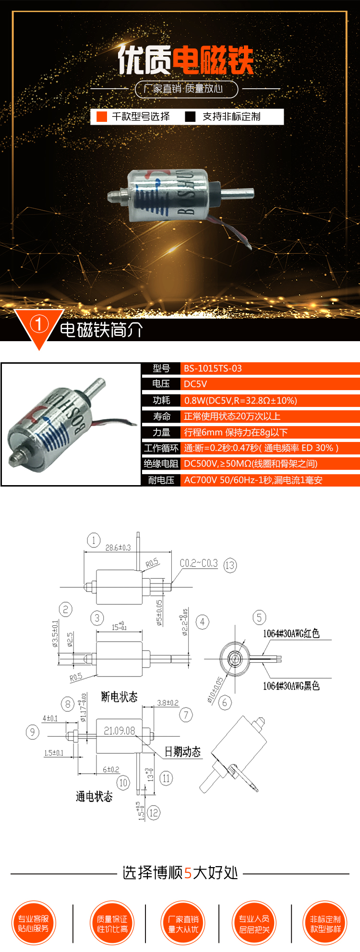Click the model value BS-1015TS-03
pyautogui.click(x=213, y=369)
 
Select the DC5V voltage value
pyautogui.click(x=195, y=384)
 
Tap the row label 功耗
pyautogui.click(x=161, y=400)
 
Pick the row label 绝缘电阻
pyautogui.click(x=161, y=464)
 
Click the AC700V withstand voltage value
pyautogui.click(x=253, y=480)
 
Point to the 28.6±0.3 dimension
pyautogui.click(x=118, y=547)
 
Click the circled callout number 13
pyautogui.click(x=230, y=565)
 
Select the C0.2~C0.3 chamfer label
pyautogui.click(x=198, y=563)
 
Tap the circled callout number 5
pyautogui.click(x=259, y=618)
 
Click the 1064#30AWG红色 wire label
pyautogui.click(x=291, y=633)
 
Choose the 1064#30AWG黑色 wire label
pyautogui.click(x=291, y=686)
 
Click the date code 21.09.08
pyautogui.click(x=120, y=731)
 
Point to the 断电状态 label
pyautogui.click(x=119, y=697)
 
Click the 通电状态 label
pyautogui.click(x=94, y=797)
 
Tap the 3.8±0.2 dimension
pyautogui.click(x=168, y=703)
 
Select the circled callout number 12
pyautogui.click(x=154, y=813)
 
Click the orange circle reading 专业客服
pyautogui.click(x=34, y=923)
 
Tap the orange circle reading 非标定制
pyautogui.click(x=325, y=923)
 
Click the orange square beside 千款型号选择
pyautogui.click(x=102, y=117)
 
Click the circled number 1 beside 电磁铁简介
pyautogui.click(x=39, y=324)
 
